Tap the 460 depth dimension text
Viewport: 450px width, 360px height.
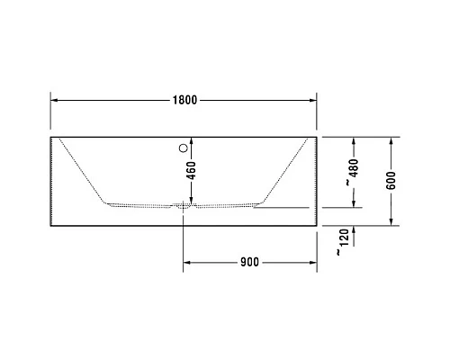(x=190, y=171)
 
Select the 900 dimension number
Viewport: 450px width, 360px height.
(x=249, y=263)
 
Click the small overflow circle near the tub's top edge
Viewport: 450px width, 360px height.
(x=184, y=146)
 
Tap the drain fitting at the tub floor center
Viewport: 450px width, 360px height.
(x=184, y=206)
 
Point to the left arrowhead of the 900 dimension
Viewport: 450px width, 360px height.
(x=188, y=263)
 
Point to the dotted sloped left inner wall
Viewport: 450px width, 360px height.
(x=81, y=170)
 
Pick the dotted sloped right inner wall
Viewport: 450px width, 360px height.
(x=286, y=170)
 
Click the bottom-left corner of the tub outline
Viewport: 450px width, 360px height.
(x=49, y=225)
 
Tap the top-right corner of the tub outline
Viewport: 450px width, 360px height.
(x=317, y=137)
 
